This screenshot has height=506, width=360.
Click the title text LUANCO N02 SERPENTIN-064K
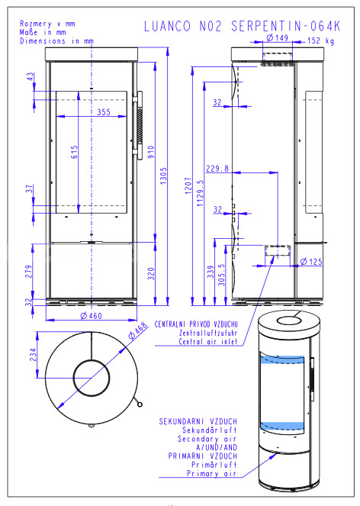[x=242, y=26]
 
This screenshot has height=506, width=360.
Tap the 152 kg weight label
[x=320, y=40]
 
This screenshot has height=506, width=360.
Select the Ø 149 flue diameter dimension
[x=277, y=37]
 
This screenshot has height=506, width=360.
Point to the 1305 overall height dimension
[x=163, y=176]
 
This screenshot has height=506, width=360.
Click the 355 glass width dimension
[x=104, y=112]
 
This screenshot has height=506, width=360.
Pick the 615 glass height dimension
[x=74, y=152]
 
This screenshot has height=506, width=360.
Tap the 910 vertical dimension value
[x=151, y=152]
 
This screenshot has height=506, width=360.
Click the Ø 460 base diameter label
[x=91, y=316]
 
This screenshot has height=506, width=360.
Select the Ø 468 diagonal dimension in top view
[x=138, y=330]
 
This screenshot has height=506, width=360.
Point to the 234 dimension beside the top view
[x=33, y=354]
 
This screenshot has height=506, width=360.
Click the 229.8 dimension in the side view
[x=217, y=169]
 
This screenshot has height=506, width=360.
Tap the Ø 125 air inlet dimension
[x=311, y=261]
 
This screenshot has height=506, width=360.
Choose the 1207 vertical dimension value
[x=188, y=185]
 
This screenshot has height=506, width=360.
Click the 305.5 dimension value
[x=221, y=275]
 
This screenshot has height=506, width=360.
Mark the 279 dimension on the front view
[x=29, y=272]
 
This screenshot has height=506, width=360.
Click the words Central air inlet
[x=208, y=341]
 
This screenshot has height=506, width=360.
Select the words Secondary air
[x=207, y=439]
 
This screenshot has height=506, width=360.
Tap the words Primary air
[x=211, y=473]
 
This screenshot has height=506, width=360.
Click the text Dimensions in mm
[x=56, y=41]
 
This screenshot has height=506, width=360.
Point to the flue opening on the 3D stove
[x=289, y=321]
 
